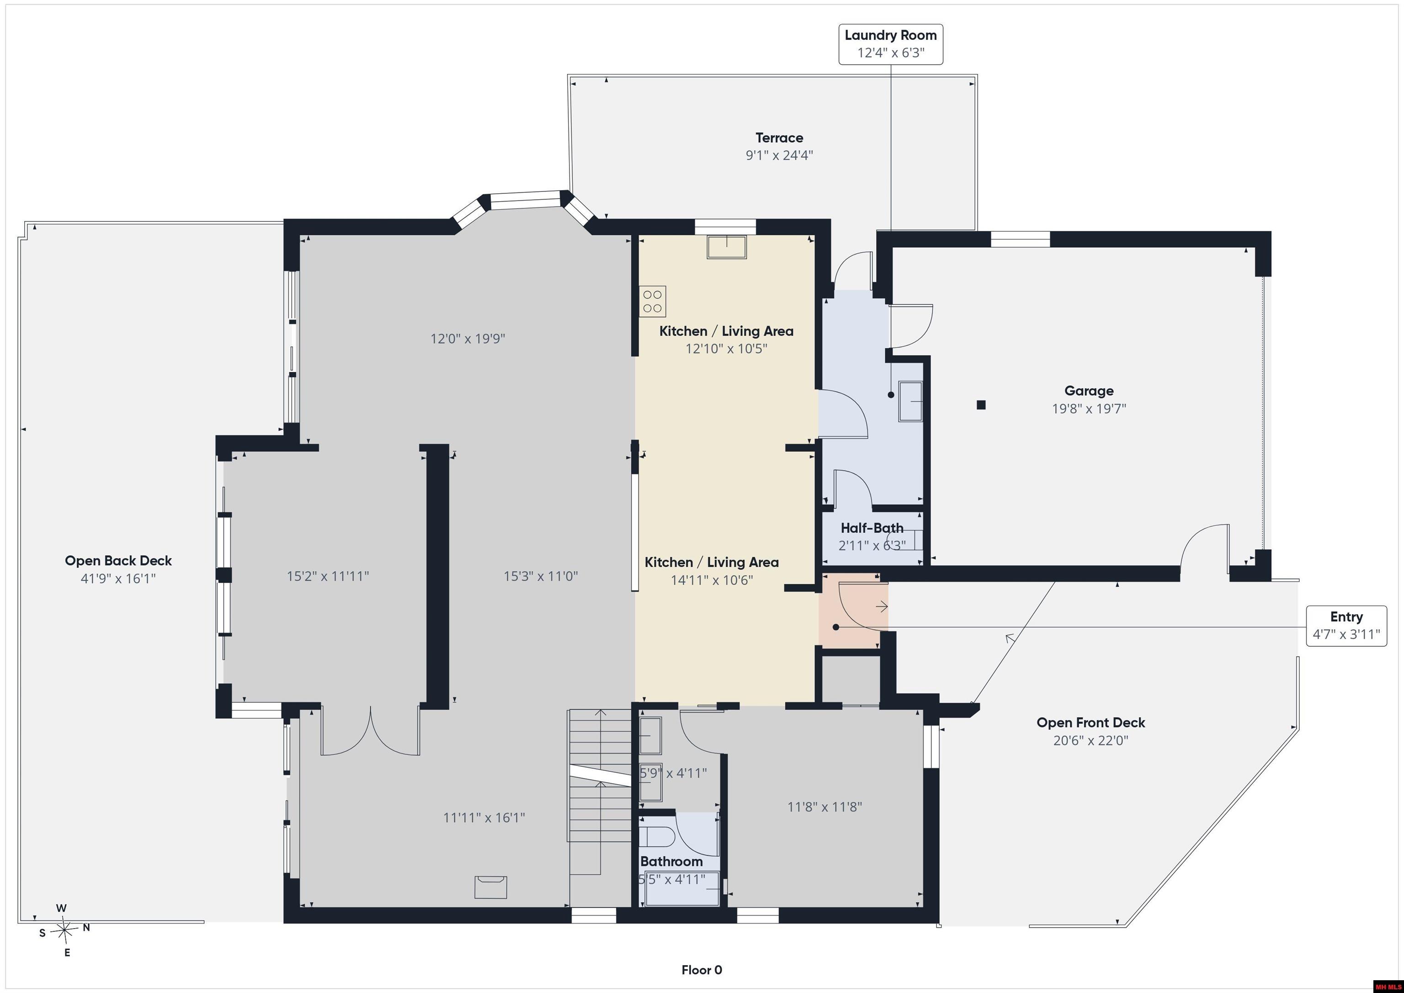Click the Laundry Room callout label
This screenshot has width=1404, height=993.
tap(890, 44)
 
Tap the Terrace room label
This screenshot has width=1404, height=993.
tap(779, 138)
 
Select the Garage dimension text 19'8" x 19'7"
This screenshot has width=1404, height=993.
tap(1089, 409)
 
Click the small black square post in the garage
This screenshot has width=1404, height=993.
tap(981, 404)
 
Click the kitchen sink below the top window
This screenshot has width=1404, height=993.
tap(727, 246)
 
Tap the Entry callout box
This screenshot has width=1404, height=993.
tap(1346, 626)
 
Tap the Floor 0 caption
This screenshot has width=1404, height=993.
tap(702, 970)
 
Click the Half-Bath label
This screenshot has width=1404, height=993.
tap(872, 528)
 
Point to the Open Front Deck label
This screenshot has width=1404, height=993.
tap(1090, 723)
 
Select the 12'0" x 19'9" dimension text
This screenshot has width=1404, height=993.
tap(468, 339)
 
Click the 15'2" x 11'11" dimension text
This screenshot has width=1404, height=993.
tap(328, 576)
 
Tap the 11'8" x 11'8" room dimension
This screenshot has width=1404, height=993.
tap(824, 807)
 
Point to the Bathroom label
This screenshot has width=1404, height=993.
tap(671, 861)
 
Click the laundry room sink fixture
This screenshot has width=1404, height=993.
tap(910, 401)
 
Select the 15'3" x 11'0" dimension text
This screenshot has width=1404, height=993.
tap(541, 576)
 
